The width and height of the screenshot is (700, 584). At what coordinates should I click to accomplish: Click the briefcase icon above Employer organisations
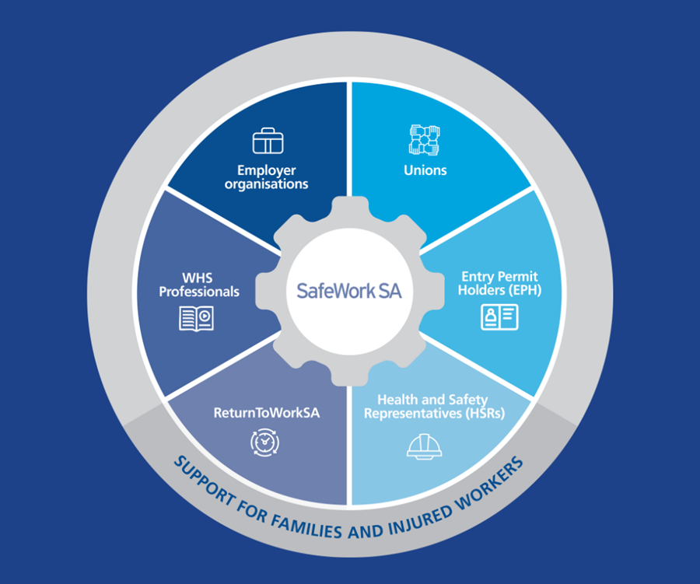point(268,141)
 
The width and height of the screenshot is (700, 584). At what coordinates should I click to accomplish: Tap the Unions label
point(425,170)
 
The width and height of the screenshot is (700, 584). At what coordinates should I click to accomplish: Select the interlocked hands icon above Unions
point(425,139)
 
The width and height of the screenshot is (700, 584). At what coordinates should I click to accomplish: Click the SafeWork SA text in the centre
point(348,292)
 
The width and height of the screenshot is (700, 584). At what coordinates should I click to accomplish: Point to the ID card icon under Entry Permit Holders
point(499,316)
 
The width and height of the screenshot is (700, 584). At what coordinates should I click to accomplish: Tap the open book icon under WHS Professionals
point(195,319)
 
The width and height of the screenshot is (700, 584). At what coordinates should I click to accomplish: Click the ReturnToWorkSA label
point(266,413)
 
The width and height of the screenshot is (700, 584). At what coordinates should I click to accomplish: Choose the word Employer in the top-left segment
point(267,170)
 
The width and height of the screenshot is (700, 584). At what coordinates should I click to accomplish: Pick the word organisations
point(267,184)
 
